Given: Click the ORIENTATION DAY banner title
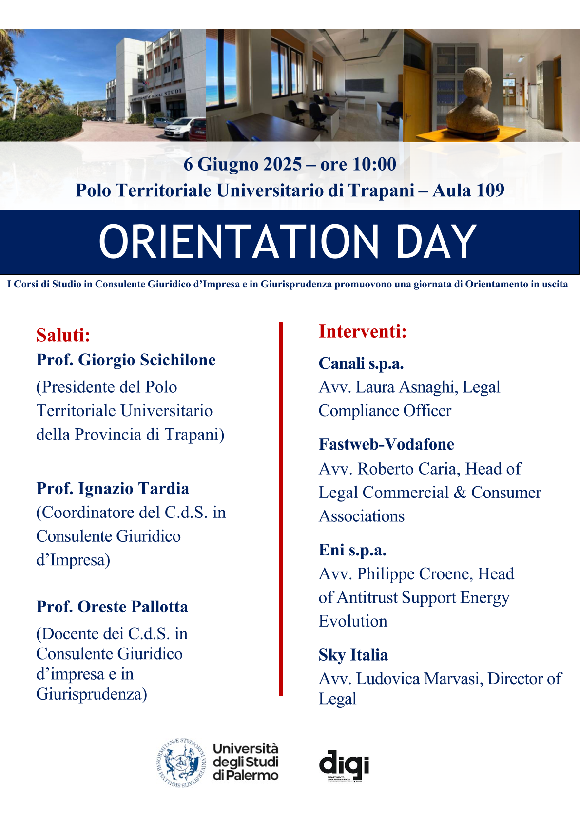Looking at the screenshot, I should (x=288, y=242).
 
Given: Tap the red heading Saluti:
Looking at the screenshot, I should (x=63, y=335).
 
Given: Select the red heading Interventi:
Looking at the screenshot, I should (x=363, y=331).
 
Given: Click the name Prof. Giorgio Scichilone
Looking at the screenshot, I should (x=126, y=360).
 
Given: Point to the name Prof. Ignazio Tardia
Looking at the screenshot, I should (x=113, y=488).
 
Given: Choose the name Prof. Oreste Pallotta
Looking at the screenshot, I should (x=112, y=607).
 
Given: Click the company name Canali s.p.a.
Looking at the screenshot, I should (x=361, y=363).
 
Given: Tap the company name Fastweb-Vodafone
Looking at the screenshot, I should (x=386, y=444).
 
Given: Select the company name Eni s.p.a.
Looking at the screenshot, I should (x=352, y=550).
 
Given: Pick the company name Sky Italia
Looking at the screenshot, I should (x=353, y=655).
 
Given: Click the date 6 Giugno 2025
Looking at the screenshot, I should (x=242, y=164).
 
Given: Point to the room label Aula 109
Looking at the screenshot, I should (x=468, y=190).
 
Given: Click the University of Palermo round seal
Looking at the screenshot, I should (x=182, y=763).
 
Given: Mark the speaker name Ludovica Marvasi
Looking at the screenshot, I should (x=420, y=679).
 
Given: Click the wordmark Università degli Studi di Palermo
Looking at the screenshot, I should (x=246, y=762).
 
